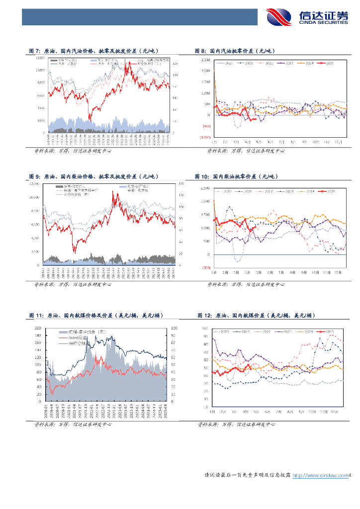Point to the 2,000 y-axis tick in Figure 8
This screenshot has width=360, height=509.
point(205,71)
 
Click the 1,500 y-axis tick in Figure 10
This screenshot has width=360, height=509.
point(205,215)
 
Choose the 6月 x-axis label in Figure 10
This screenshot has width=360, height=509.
point(269,272)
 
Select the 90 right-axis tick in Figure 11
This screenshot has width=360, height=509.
point(173,336)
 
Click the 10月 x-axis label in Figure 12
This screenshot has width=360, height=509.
point(313,412)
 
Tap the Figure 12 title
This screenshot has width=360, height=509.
point(256,316)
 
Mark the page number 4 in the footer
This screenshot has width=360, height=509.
point(350,476)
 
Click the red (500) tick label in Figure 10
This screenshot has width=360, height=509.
point(205,267)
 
